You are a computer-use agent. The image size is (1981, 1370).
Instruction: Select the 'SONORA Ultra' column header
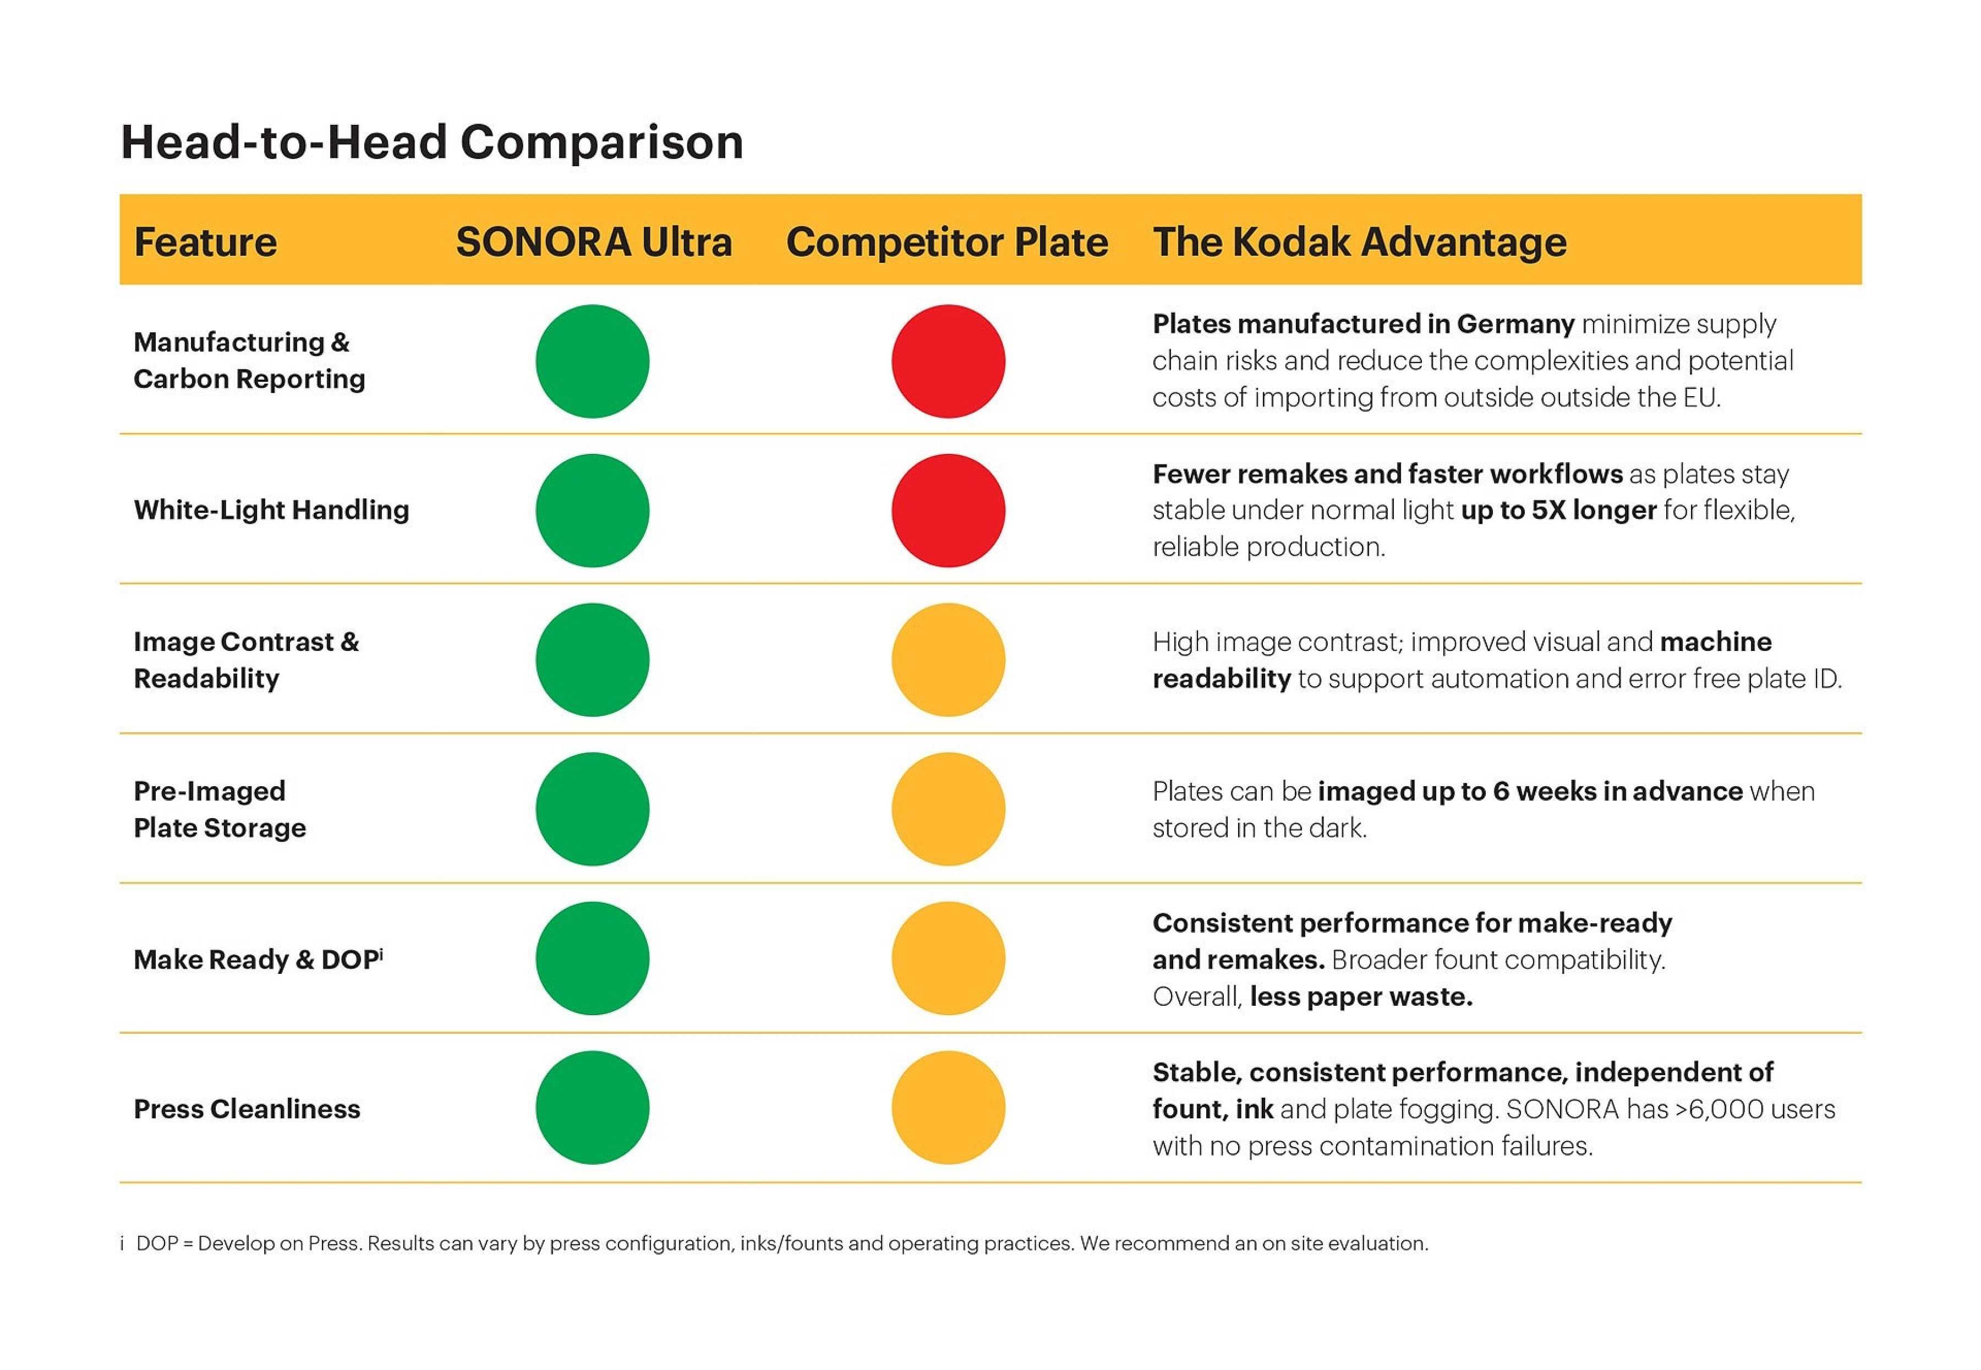click(593, 242)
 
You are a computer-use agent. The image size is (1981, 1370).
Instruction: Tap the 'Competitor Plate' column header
click(946, 242)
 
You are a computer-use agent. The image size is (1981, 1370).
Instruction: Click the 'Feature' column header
click(205, 242)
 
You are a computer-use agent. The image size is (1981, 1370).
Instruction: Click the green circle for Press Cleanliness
click(592, 1108)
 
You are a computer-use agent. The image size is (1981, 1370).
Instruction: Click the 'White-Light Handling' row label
click(271, 510)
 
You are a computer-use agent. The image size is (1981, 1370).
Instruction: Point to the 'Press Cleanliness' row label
click(247, 1109)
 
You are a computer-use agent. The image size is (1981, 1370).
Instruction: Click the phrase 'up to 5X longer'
click(1558, 510)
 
